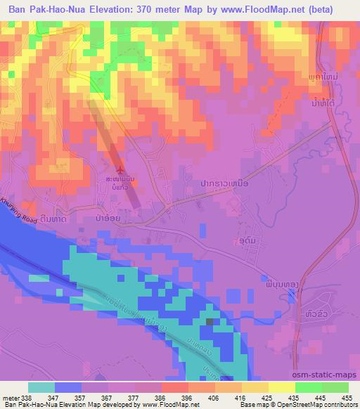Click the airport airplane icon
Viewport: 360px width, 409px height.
(x=121, y=170)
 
